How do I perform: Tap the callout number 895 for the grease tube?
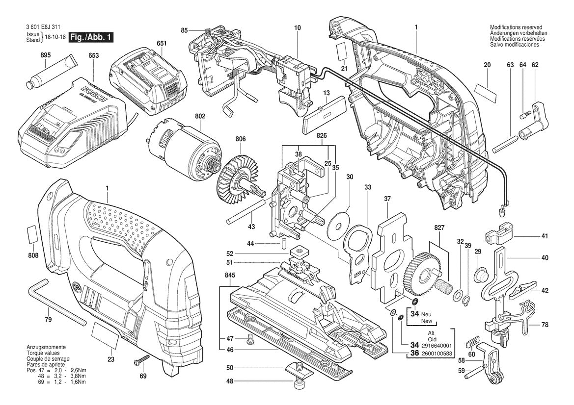[45, 56]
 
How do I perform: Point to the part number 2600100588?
[437, 354]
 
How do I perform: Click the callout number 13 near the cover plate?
[326, 92]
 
